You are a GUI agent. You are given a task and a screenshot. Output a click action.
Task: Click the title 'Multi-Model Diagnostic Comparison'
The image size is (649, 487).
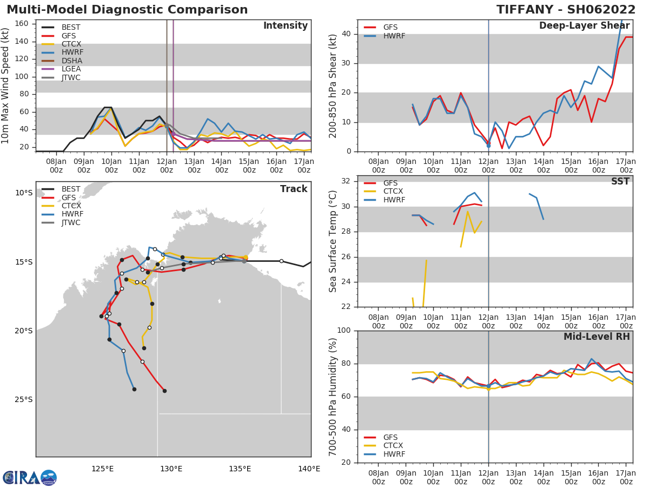[x=127, y=10]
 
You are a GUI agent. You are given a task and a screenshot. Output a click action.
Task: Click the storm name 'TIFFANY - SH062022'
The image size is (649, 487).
[x=566, y=10]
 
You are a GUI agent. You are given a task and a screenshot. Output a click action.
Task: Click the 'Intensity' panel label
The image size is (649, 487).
[x=286, y=26]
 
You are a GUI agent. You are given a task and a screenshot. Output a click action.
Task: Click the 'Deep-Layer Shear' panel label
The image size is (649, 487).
[x=584, y=26]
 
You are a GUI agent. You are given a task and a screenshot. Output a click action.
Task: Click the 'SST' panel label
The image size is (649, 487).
[x=620, y=181]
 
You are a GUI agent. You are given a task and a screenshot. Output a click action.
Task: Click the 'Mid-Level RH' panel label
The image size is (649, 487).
[x=597, y=337]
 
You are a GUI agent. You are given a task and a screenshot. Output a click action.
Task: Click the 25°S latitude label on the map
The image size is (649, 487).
[x=24, y=400]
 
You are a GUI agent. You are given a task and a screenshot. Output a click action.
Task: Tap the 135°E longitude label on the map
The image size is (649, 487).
[x=240, y=469]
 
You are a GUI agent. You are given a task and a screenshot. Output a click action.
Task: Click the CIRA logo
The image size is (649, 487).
[x=30, y=477]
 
